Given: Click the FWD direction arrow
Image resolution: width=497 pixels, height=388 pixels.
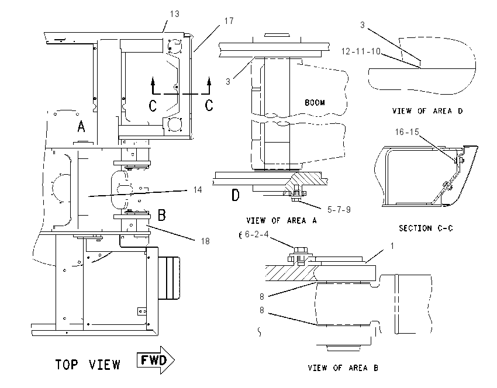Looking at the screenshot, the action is click(x=156, y=360).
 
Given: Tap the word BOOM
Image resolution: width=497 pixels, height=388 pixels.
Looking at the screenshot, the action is click(x=315, y=103).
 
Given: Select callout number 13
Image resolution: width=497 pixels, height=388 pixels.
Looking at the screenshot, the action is click(x=175, y=14).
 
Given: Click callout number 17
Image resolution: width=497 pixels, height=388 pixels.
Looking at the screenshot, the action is click(x=229, y=21).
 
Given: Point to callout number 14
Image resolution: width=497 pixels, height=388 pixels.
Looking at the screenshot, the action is click(x=198, y=190).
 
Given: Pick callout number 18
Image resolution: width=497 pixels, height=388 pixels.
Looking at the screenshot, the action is click(x=205, y=241).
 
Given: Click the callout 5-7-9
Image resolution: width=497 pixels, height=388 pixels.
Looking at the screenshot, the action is click(x=339, y=210).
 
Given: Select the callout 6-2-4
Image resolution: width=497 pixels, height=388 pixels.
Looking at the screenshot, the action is click(x=257, y=234).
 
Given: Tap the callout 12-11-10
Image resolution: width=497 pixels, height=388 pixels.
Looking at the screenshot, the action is click(x=361, y=51).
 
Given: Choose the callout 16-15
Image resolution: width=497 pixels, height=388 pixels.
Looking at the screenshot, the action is click(x=407, y=131).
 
